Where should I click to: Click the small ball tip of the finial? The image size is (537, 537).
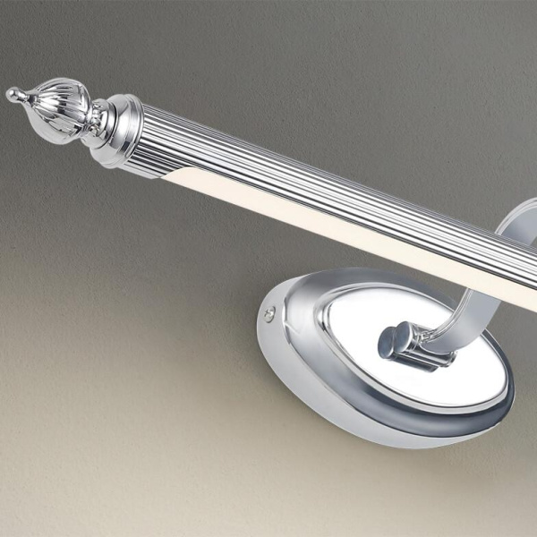13,93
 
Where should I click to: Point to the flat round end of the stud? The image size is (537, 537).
388,341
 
